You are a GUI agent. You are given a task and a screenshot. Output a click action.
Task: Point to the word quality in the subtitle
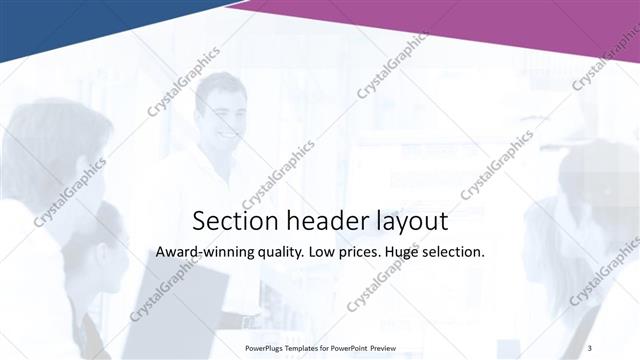pyautogui.click(x=279, y=253)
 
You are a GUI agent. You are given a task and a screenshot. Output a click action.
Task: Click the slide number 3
pyautogui.click(x=589, y=347)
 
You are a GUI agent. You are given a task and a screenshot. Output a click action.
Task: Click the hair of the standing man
pyautogui.click(x=220, y=82)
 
